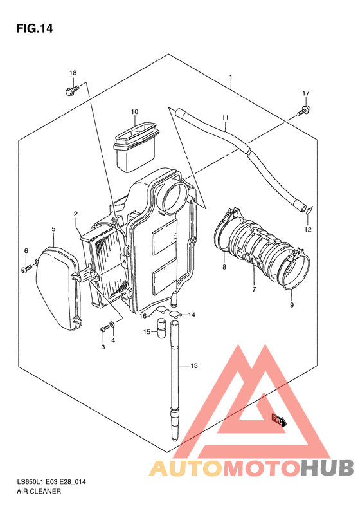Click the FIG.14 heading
(34, 29)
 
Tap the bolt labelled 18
(71, 90)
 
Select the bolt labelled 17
(303, 111)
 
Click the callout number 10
(134, 112)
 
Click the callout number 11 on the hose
(226, 118)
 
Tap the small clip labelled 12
(309, 210)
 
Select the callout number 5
(53, 229)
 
